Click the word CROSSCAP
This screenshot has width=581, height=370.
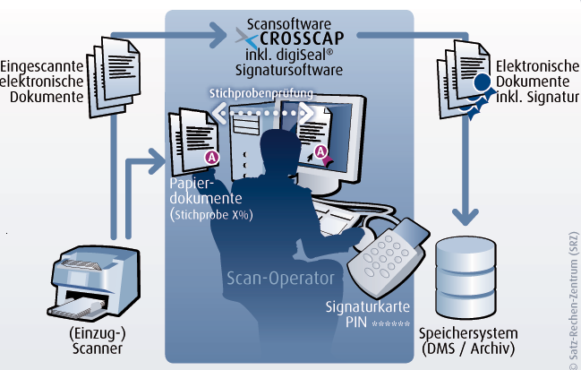(302, 39)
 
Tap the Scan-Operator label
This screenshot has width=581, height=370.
(280, 279)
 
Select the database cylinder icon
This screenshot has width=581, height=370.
(466, 277)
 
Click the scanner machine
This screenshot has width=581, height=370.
(94, 283)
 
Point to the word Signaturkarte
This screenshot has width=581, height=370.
(368, 306)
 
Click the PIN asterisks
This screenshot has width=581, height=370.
(390, 323)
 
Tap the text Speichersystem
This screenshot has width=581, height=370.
(468, 333)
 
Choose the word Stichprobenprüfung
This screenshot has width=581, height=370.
(261, 93)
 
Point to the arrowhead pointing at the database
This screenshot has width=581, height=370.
(466, 218)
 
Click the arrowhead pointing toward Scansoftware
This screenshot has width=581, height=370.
(218, 35)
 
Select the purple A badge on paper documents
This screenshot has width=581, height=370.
(212, 158)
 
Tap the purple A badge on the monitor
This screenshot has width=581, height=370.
(320, 151)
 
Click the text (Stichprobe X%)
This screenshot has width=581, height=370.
(211, 215)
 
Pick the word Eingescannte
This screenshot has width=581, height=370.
(42, 66)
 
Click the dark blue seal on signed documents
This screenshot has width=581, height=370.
(482, 83)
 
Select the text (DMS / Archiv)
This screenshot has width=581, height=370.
(468, 348)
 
